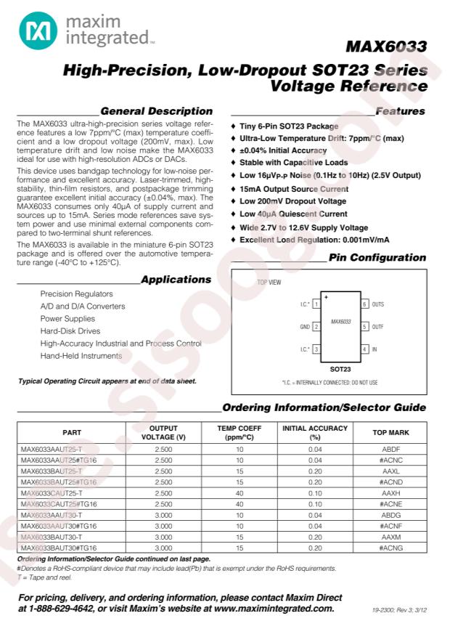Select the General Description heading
pos(156,112)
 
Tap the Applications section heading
pos(176,280)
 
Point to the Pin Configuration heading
pos(377,258)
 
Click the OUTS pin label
pos(377,304)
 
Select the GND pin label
pos(305,327)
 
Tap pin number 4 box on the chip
pos(364,349)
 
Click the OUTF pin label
pos(377,327)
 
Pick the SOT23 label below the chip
pos(340,368)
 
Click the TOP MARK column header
pos(390,433)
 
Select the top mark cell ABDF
pos(390,450)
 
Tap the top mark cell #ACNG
pos(390,548)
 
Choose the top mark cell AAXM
pos(390,537)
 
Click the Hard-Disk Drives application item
pos(70,331)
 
